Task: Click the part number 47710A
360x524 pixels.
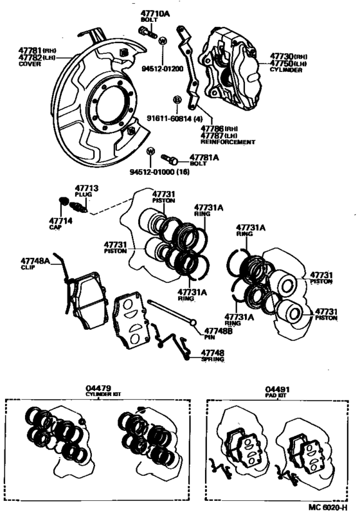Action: point(155,13)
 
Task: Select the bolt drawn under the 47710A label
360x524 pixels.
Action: point(144,30)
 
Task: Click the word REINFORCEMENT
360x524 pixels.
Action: point(228,141)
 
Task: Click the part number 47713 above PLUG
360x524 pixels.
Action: point(86,188)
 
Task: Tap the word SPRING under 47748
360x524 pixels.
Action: point(213,359)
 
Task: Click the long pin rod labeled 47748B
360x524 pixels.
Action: point(170,312)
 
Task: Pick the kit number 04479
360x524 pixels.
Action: point(98,388)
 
